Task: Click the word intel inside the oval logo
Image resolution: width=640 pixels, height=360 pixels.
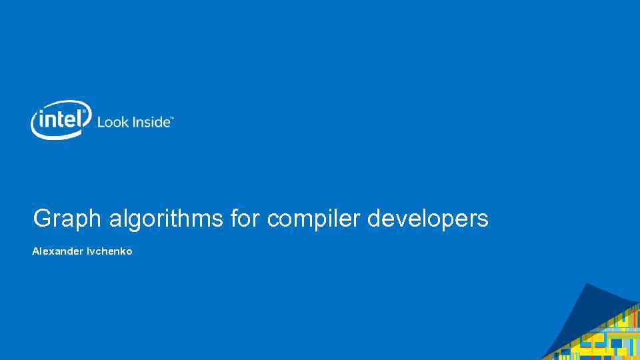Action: [x=61, y=119]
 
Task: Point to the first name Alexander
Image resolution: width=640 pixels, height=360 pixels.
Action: [x=57, y=251]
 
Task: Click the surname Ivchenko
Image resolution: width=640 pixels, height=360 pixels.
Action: [x=109, y=251]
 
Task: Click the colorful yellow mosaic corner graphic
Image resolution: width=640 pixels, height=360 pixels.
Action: [x=610, y=337]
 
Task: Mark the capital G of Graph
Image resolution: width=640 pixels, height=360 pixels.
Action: [x=41, y=218]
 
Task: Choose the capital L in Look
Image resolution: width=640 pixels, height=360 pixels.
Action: [x=101, y=122]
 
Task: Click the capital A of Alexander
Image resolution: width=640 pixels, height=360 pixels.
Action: [x=35, y=251]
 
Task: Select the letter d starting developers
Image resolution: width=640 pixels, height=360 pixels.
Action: [x=374, y=218]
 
